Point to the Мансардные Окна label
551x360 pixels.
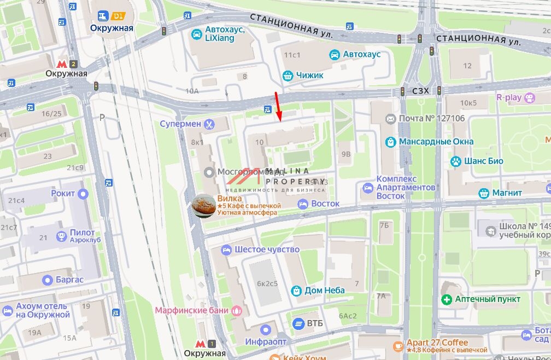(x=436, y=142)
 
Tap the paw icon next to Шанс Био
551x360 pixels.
(x=455, y=161)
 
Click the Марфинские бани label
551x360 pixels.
(x=191, y=310)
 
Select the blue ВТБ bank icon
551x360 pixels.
(x=298, y=323)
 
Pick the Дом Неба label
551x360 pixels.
(x=325, y=290)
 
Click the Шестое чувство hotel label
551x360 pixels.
(x=267, y=249)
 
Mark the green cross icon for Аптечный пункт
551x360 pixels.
(x=447, y=299)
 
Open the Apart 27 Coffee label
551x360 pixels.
(x=437, y=342)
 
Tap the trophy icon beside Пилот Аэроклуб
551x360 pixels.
(x=62, y=236)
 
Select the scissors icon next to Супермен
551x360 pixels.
(x=209, y=124)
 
